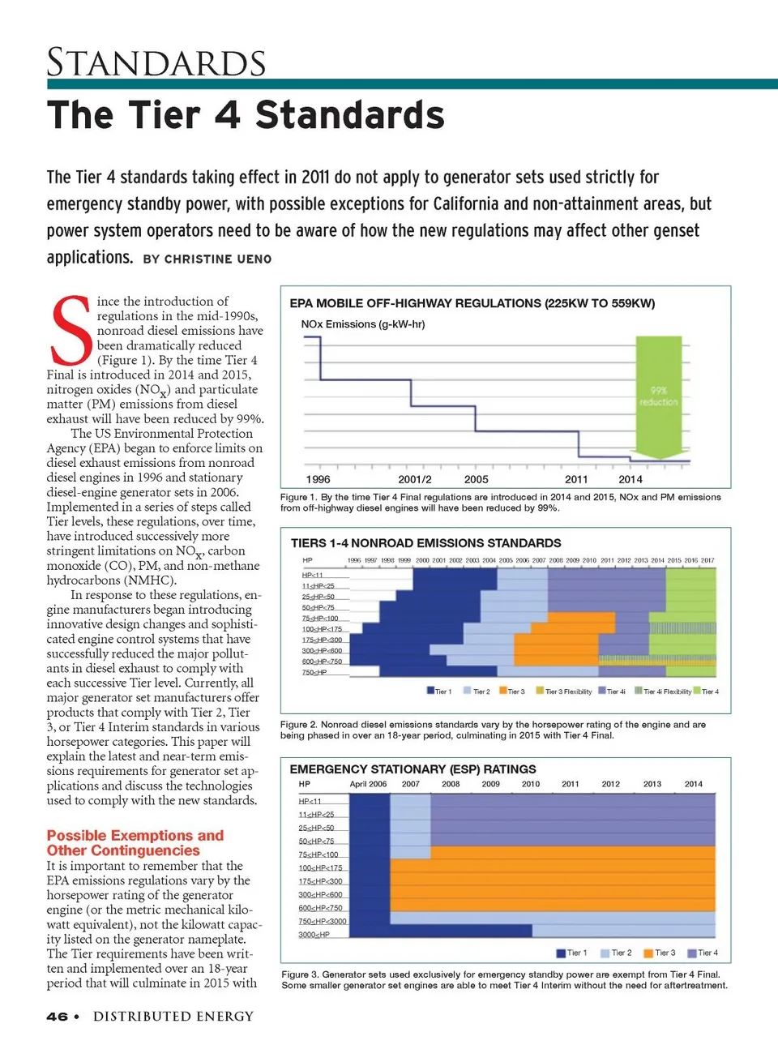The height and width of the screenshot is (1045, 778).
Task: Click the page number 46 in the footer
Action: pyautogui.click(x=57, y=1017)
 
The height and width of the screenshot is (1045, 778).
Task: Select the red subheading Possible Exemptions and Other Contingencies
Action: pyautogui.click(x=135, y=842)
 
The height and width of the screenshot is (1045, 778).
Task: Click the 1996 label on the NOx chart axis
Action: pyautogui.click(x=318, y=479)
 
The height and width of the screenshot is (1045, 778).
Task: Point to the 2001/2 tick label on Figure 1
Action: pyautogui.click(x=414, y=479)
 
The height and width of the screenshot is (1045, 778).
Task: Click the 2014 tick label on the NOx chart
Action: pyautogui.click(x=630, y=479)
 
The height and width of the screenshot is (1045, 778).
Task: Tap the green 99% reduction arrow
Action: pyautogui.click(x=658, y=395)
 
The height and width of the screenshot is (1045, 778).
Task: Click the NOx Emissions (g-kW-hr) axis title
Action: pyautogui.click(x=363, y=324)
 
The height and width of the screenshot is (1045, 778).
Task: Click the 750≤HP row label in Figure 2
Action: pyautogui.click(x=314, y=672)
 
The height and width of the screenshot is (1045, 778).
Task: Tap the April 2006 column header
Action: pyautogui.click(x=368, y=784)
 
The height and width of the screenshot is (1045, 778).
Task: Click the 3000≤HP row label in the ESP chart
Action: pyautogui.click(x=314, y=935)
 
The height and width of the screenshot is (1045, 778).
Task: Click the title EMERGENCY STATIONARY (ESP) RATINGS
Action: pyautogui.click(x=413, y=769)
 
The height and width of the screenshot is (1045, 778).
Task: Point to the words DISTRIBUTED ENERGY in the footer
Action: pyautogui.click(x=173, y=1017)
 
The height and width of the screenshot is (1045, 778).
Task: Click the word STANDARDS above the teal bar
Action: pyautogui.click(x=156, y=63)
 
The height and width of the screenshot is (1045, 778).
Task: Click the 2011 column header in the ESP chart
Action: pyautogui.click(x=571, y=784)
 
